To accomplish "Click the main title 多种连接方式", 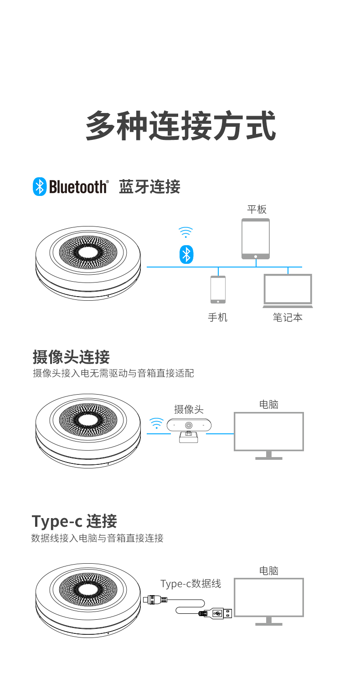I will coord(180,126).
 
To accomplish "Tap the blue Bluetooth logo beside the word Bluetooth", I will coord(39,187).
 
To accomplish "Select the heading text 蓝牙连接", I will coord(149,187).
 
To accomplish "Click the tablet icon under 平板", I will coord(256,239).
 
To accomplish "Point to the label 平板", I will coord(256,210).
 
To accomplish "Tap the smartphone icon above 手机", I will coord(218,289).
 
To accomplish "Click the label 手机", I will coord(217,318).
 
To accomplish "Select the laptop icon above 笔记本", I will coord(288,291).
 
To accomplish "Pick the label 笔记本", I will coord(288,318).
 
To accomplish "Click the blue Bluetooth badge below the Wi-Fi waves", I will coord(186,254).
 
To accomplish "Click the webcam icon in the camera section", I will coord(189,430).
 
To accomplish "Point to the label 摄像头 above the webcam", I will coord(188,409).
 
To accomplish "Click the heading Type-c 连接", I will coord(74,521).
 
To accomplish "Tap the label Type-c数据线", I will coord(190,583).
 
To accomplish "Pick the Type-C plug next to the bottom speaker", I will coord(154,599).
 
